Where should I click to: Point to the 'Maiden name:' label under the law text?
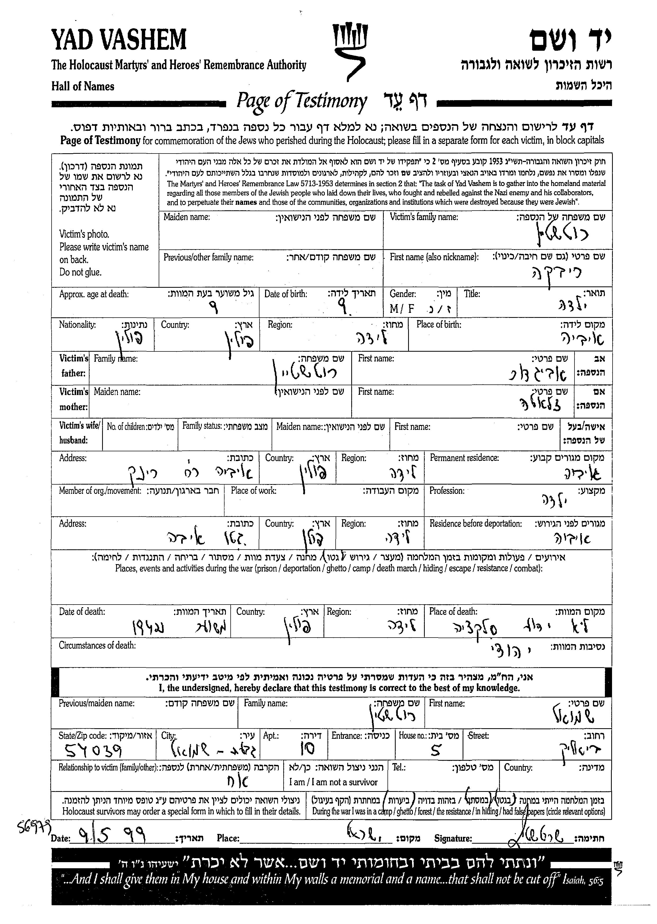click(186, 217)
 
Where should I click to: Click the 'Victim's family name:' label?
click(423, 217)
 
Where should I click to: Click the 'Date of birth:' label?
click(286, 294)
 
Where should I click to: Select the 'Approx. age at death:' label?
click(94, 294)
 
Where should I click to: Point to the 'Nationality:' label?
click(77, 324)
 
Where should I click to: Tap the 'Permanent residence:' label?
click(464, 458)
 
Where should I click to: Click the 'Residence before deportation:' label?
click(475, 523)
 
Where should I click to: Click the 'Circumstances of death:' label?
click(97, 645)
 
